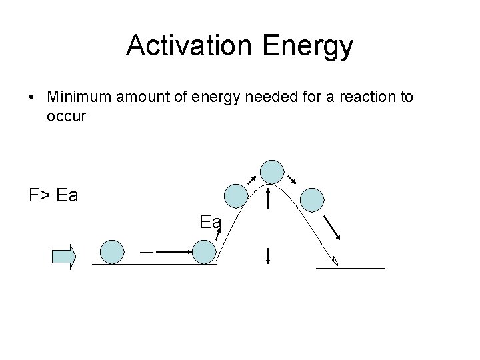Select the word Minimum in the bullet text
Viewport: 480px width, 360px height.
click(79, 97)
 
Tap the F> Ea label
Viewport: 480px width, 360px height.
click(53, 196)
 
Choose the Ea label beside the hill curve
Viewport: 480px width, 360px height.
click(210, 221)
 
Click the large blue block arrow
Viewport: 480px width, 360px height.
click(65, 257)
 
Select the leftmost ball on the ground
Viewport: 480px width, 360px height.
click(112, 252)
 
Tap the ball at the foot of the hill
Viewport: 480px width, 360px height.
click(204, 252)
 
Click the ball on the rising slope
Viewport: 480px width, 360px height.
click(235, 196)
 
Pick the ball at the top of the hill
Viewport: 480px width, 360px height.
click(271, 171)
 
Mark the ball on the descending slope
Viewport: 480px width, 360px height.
click(312, 199)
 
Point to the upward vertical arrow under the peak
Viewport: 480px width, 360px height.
click(267, 199)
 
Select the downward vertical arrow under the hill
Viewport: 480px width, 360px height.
click(267, 255)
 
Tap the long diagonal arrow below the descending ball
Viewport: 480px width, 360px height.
click(333, 227)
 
